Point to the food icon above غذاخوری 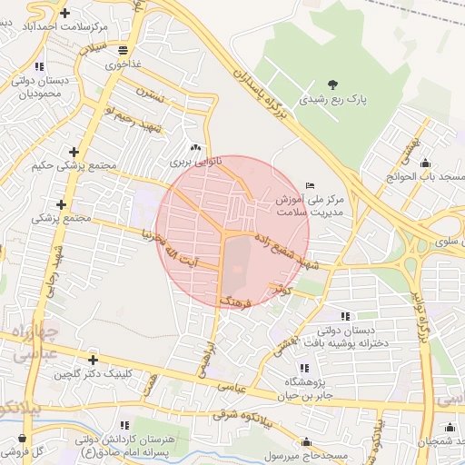click(123, 50)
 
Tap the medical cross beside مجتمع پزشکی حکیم click(74, 152)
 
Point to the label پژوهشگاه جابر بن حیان click(304, 389)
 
